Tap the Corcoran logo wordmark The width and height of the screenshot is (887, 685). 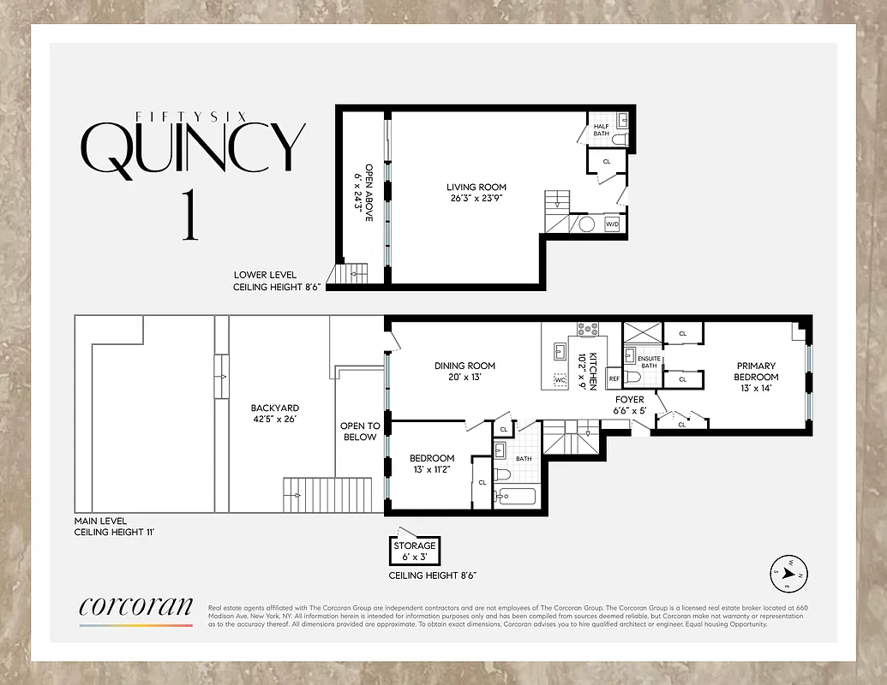pyautogui.click(x=135, y=606)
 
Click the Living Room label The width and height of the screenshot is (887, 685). pyautogui.click(x=476, y=188)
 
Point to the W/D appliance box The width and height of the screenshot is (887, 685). pyautogui.click(x=612, y=224)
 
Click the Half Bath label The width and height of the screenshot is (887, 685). pyautogui.click(x=601, y=130)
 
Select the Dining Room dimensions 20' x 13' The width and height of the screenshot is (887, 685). pyautogui.click(x=464, y=377)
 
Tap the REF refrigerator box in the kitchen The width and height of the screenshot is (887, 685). pyautogui.click(x=614, y=378)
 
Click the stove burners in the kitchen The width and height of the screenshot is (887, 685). pyautogui.click(x=589, y=328)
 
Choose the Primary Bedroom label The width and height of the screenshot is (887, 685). pyautogui.click(x=756, y=372)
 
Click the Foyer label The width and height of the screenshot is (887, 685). pyautogui.click(x=630, y=399)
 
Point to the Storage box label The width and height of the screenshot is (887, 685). pyautogui.click(x=415, y=545)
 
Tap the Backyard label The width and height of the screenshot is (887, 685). pyautogui.click(x=274, y=408)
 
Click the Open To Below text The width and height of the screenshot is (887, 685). pyautogui.click(x=359, y=431)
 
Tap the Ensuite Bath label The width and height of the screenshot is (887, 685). pyautogui.click(x=648, y=361)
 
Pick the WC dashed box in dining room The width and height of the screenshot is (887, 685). pyautogui.click(x=559, y=379)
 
